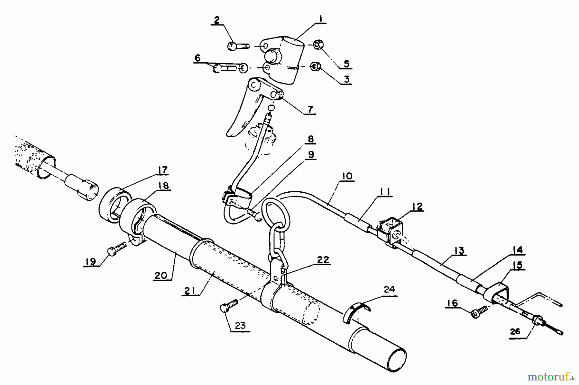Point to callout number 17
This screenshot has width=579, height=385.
pos(163,170)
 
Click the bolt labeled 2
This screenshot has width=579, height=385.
pos(238,47)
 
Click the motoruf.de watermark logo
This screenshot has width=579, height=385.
pos(551,375)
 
